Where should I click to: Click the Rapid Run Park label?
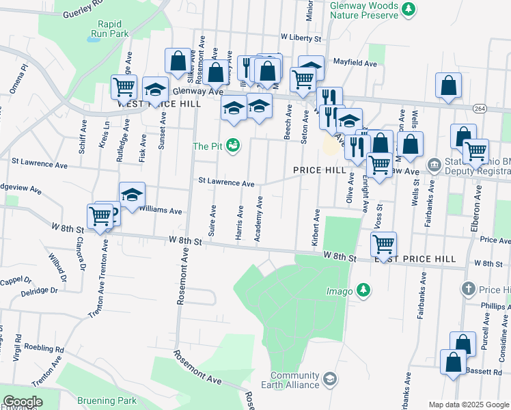(x=109, y=27)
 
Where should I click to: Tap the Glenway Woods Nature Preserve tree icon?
(x=408, y=9)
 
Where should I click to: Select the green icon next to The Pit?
(x=232, y=146)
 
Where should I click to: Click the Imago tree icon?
(x=363, y=291)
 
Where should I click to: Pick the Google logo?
(x=23, y=402)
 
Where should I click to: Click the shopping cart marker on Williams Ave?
(x=100, y=215)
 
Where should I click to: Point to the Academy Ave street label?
(x=258, y=219)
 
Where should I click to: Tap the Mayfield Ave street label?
(x=355, y=63)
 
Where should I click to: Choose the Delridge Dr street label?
(x=40, y=290)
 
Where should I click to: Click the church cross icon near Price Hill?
(x=468, y=289)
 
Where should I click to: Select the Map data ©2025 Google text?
(x=469, y=405)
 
